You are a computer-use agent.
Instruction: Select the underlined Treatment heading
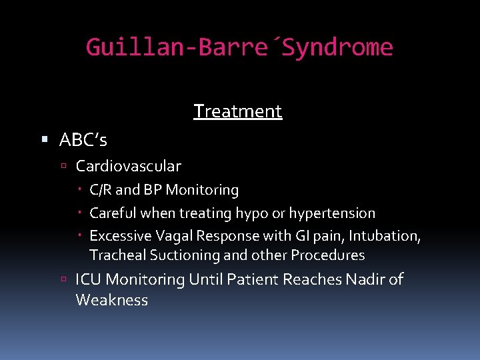(x=238, y=111)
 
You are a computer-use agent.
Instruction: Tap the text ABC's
(x=83, y=140)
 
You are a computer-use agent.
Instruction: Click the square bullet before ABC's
(x=45, y=140)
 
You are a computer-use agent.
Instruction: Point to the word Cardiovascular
(x=129, y=165)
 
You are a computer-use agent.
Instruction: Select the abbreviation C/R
(x=101, y=190)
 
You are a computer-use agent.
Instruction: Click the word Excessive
(x=117, y=236)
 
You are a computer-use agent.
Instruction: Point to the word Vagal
(x=167, y=236)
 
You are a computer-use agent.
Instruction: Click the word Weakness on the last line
(x=112, y=300)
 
